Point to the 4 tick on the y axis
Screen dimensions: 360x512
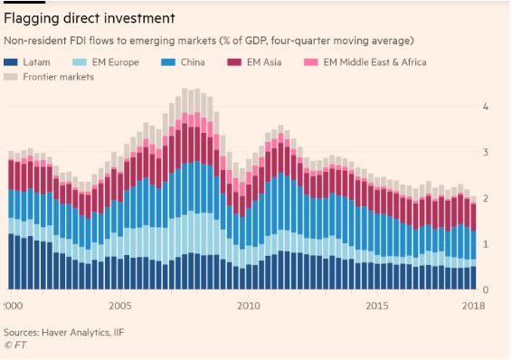point(485,106)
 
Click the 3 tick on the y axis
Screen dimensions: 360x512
point(485,152)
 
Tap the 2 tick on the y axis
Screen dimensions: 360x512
point(485,198)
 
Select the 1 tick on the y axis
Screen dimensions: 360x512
point(485,244)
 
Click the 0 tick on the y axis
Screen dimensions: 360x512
point(485,290)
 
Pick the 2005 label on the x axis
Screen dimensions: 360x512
point(120,307)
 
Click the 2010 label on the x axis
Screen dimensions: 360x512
point(248,307)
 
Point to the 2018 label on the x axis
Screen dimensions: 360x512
point(471,307)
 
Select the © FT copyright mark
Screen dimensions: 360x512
point(16,345)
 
